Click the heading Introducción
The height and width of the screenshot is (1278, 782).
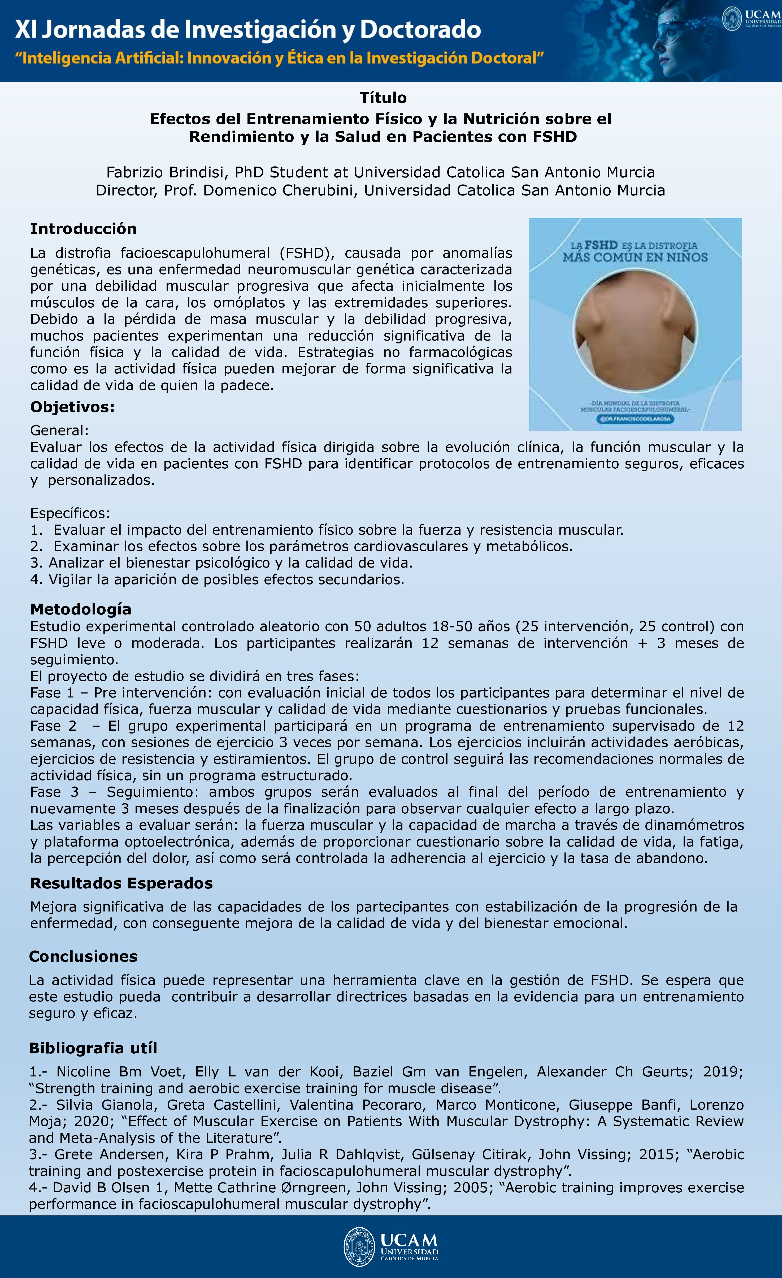click(83, 229)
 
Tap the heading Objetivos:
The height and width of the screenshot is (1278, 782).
click(72, 407)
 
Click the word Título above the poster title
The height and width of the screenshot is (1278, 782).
click(383, 98)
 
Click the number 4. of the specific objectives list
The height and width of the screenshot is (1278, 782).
click(36, 579)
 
